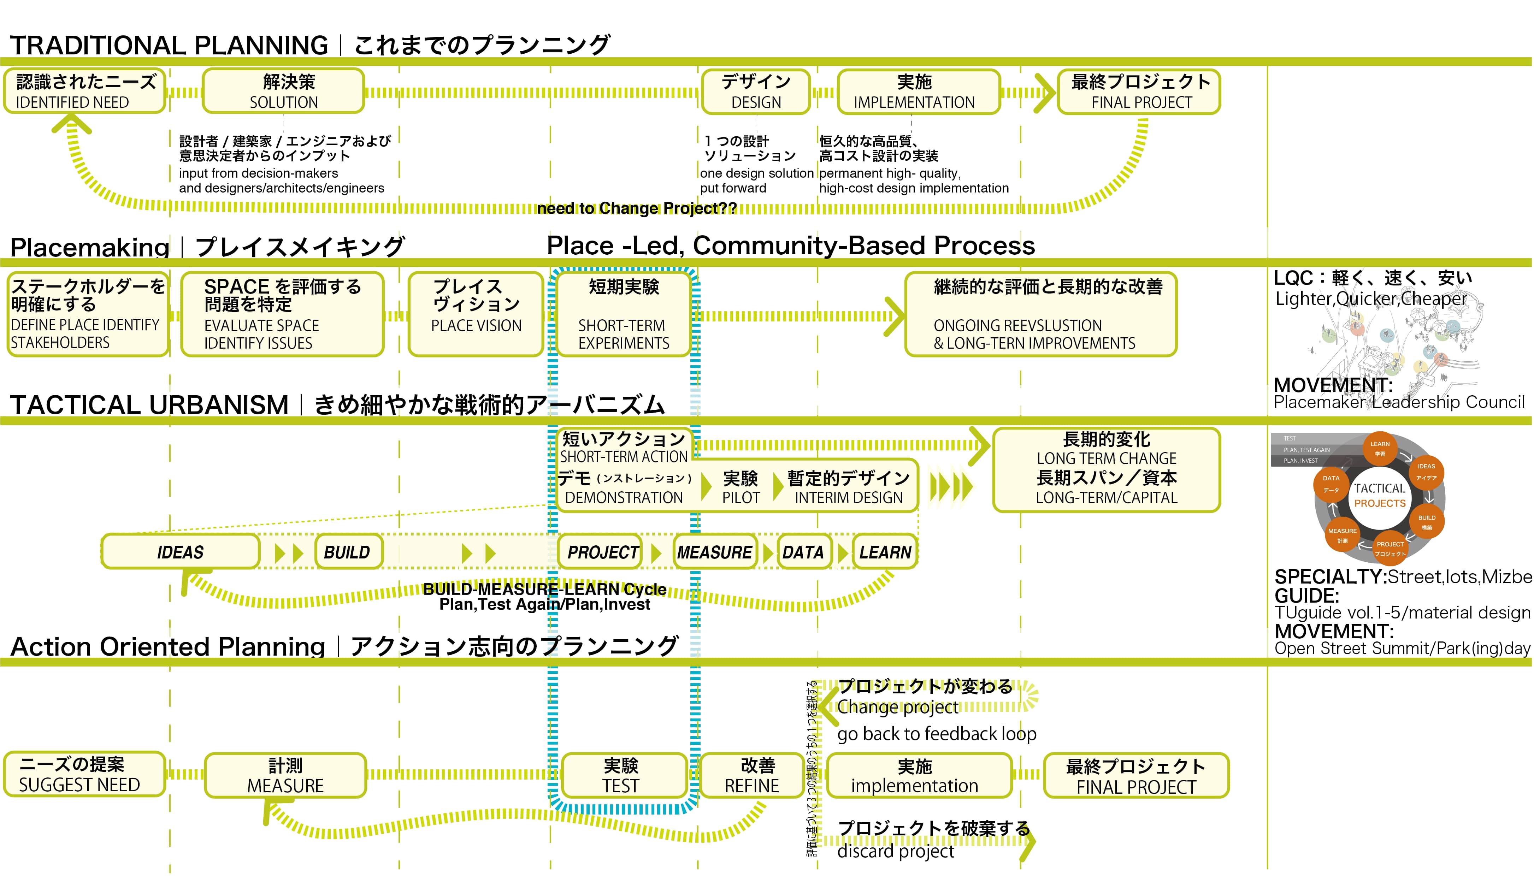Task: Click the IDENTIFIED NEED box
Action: (x=84, y=91)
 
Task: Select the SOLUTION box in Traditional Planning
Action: (x=283, y=91)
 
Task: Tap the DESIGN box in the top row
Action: (x=756, y=91)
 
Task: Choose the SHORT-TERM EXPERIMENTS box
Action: (x=623, y=314)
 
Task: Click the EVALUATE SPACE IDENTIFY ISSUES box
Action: (x=282, y=314)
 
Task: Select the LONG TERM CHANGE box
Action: (x=1106, y=470)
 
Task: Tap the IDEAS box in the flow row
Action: (x=181, y=552)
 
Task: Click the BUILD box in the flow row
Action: (x=348, y=552)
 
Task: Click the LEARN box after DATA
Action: (x=885, y=552)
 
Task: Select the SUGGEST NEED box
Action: (x=84, y=774)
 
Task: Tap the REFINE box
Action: (x=752, y=776)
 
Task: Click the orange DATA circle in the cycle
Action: (x=1331, y=483)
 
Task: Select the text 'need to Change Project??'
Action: (x=637, y=208)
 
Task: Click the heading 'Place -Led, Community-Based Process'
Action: (x=790, y=245)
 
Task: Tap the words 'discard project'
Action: (x=895, y=851)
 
